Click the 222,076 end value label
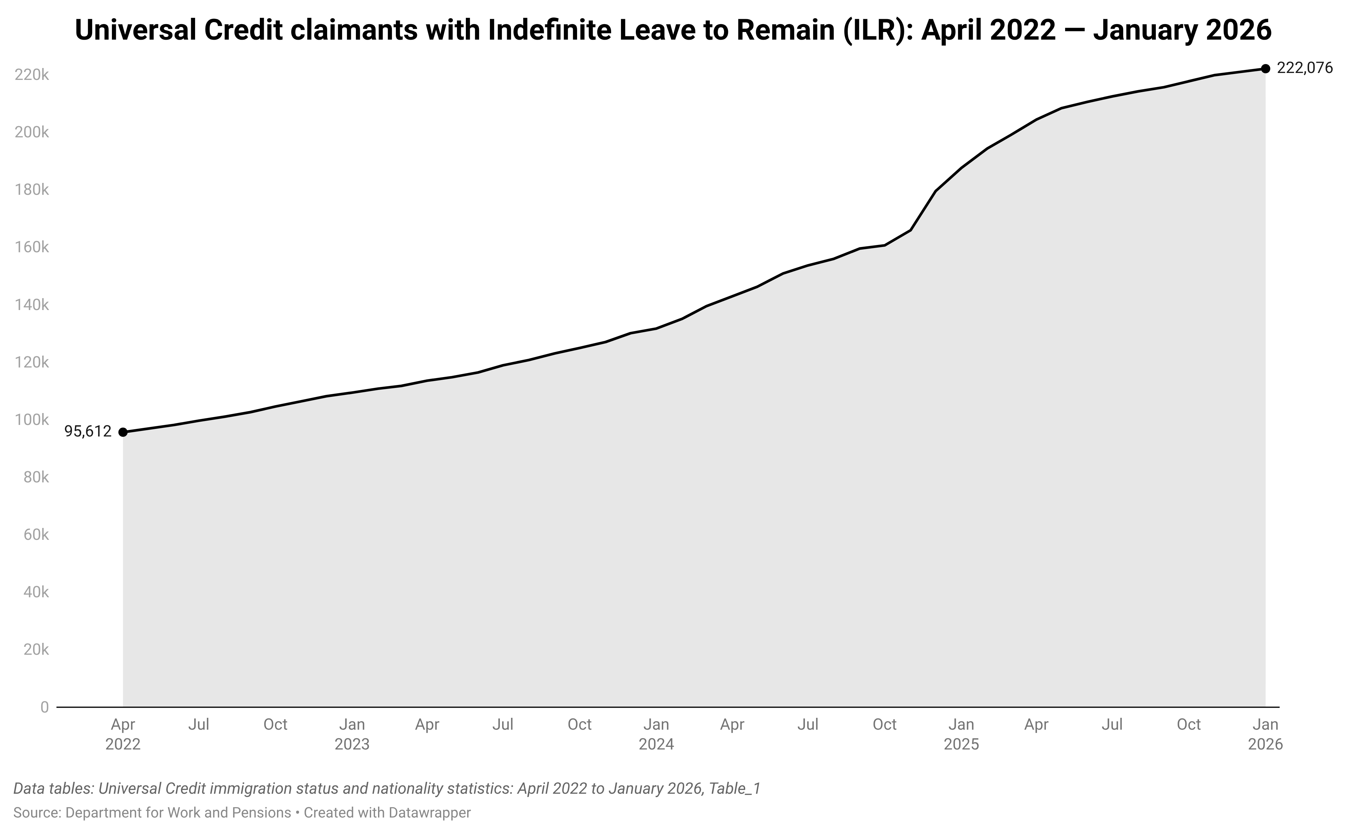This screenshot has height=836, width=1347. point(1304,68)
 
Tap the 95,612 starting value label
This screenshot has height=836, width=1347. point(88,431)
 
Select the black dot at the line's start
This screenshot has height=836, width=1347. point(123,432)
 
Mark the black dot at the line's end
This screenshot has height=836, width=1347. point(1265,69)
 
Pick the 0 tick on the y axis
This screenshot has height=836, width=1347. point(44,707)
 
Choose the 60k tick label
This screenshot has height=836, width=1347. point(36,535)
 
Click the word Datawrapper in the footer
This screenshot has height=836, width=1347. point(430,813)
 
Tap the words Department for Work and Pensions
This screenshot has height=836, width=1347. point(178,813)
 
